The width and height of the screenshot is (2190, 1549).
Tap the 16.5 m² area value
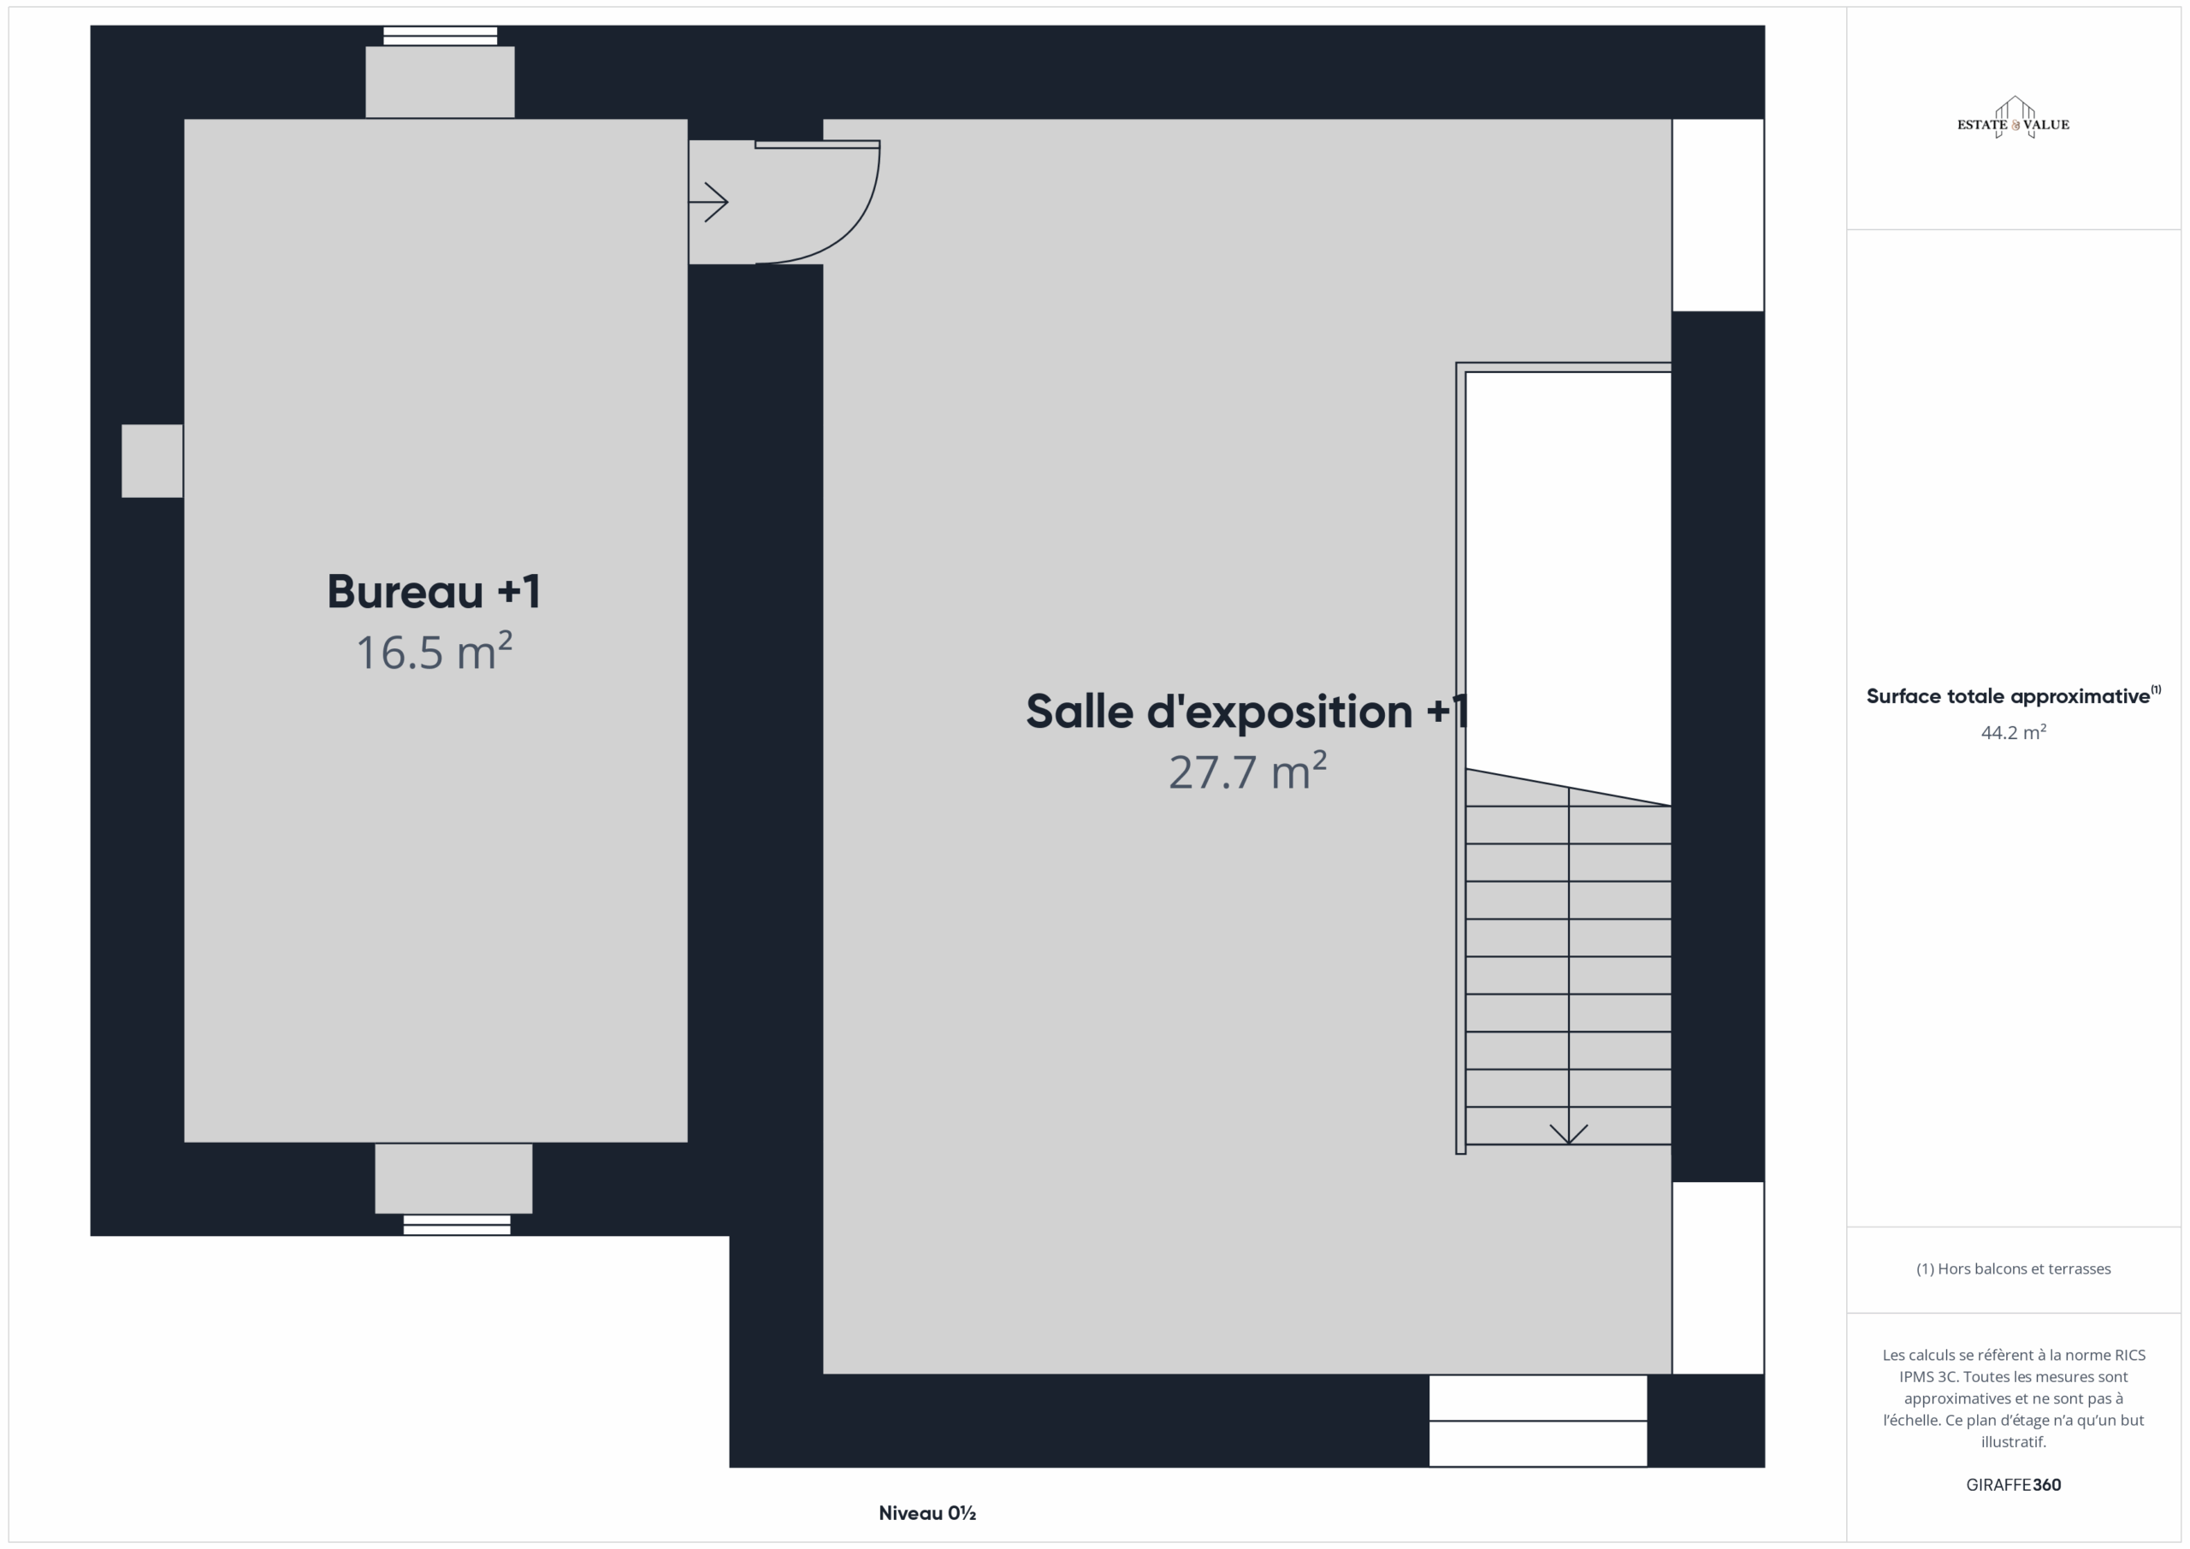434,652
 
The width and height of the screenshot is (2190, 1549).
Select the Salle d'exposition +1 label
1246,712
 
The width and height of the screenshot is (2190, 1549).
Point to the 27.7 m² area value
1247,771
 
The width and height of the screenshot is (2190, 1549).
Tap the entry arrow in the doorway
708,202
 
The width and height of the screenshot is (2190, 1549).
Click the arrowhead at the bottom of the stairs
1568,1134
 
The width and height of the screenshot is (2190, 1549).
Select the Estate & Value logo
2013,118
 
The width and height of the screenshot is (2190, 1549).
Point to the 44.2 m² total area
2013,731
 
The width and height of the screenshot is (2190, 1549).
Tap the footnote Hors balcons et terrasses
2013,1268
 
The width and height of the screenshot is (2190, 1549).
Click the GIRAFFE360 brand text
2013,1484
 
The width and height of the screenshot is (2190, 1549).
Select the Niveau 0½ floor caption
926,1513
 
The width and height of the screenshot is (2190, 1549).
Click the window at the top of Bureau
440,36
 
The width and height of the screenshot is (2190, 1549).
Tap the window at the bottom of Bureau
457,1225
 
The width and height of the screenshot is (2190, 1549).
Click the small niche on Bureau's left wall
151,461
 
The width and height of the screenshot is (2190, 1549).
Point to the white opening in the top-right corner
1718,215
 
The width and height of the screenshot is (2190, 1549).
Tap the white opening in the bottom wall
1537,1420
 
